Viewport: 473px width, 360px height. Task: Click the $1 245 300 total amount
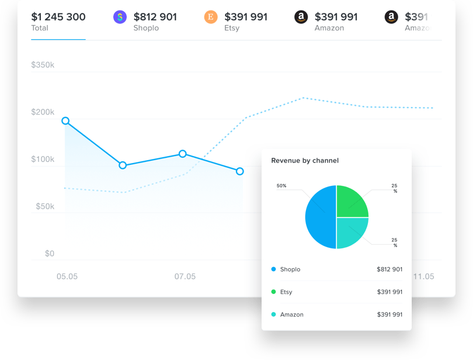(x=58, y=17)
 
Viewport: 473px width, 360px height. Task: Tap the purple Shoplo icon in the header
(x=120, y=17)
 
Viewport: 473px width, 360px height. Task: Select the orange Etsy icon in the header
(x=211, y=17)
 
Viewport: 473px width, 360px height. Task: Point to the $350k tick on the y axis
(x=43, y=65)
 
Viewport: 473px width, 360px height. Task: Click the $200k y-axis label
(x=43, y=112)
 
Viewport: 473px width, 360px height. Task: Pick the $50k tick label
(x=43, y=206)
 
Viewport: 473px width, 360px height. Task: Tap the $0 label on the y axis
(x=50, y=254)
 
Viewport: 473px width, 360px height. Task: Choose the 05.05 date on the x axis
(x=67, y=276)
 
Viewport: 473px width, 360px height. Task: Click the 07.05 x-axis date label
(x=185, y=276)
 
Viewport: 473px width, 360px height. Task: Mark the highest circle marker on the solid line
(x=65, y=121)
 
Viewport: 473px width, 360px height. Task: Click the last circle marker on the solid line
(x=240, y=171)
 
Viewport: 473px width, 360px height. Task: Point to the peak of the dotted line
(x=303, y=98)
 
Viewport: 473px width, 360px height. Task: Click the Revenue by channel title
(x=305, y=161)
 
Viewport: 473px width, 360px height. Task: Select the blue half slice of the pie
(x=320, y=217)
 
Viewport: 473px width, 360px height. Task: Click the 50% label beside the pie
(x=281, y=186)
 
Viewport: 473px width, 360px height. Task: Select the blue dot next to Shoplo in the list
(x=273, y=269)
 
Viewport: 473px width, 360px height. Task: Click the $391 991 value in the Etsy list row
(x=389, y=292)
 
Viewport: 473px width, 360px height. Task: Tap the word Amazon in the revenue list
(x=292, y=314)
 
